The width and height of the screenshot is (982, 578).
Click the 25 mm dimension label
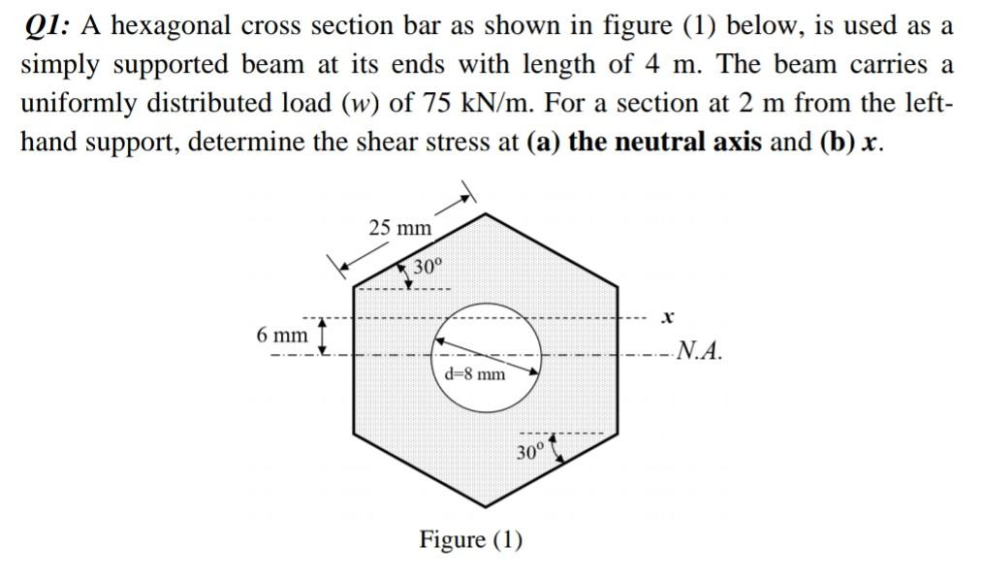tap(399, 229)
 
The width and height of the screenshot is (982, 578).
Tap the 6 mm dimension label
tap(281, 336)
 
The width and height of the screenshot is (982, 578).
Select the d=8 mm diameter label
tap(474, 374)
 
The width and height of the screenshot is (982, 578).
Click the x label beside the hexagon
tap(666, 317)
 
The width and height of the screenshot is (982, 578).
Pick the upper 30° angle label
tap(427, 267)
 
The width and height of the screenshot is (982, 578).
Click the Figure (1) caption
tap(470, 538)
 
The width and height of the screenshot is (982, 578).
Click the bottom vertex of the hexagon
tap(485, 507)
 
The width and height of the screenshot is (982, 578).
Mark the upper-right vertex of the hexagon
tap(617, 287)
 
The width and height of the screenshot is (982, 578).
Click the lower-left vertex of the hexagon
tap(353, 434)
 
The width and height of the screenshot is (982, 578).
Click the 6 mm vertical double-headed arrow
tap(324, 335)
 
